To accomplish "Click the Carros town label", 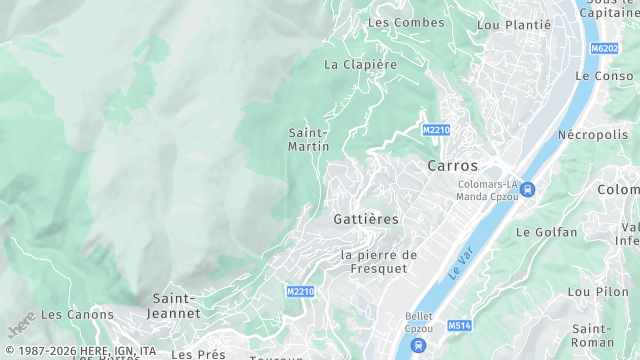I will (452, 166).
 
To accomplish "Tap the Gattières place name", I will (365, 218).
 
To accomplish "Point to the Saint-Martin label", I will (309, 139).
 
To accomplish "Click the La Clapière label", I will (360, 64).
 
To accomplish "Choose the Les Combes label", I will (392, 22).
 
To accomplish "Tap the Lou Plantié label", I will (514, 25).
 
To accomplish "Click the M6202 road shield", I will (604, 48).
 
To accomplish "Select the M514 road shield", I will (459, 326).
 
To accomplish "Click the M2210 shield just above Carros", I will (436, 130).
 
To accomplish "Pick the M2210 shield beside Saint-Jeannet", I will (300, 292).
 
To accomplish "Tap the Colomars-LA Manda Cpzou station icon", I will (527, 190).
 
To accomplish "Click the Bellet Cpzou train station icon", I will (418, 346).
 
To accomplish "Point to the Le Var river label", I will (459, 266).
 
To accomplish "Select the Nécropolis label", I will (591, 134).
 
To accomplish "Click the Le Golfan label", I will (546, 232).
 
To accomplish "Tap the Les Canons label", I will (77, 314).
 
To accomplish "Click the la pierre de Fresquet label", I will (379, 262).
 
